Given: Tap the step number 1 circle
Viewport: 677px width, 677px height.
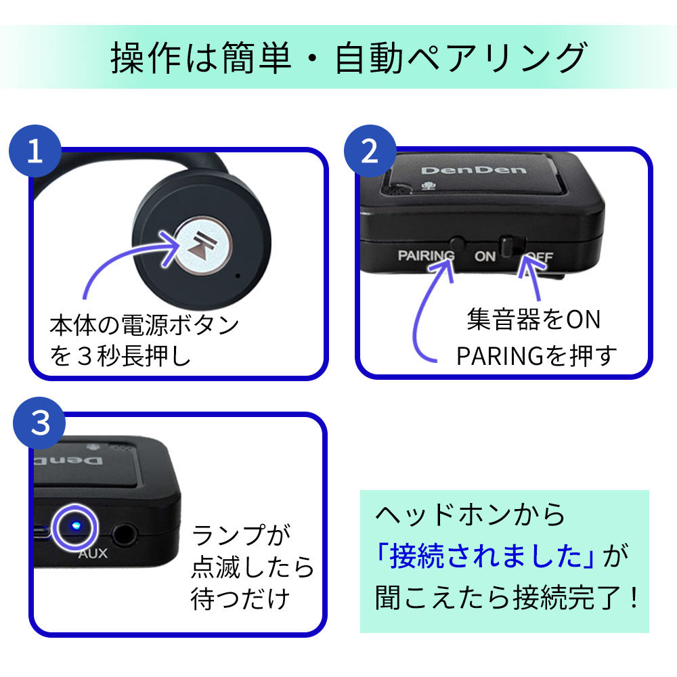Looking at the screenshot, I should [x=35, y=152].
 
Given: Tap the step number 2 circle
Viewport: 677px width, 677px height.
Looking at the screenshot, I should [x=370, y=152].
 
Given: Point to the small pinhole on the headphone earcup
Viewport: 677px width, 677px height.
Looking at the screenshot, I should [x=238, y=276].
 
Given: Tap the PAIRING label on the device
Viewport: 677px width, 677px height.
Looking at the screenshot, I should [x=426, y=256].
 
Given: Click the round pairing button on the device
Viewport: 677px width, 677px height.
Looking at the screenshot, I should [x=458, y=241].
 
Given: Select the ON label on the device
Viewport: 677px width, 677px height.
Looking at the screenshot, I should [x=485, y=257].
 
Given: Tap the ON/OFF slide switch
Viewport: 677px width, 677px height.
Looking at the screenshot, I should [x=510, y=245].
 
